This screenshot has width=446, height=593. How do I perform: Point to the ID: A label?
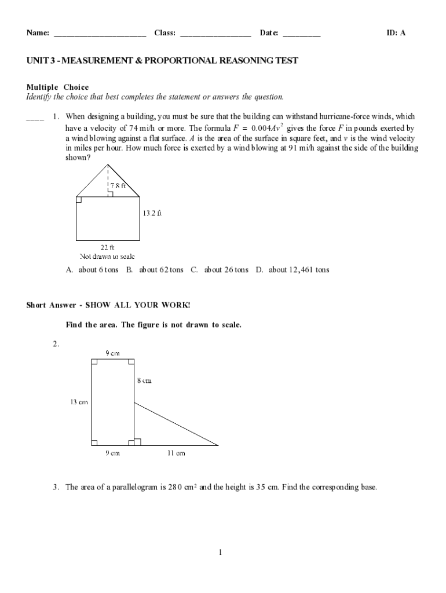[x=396, y=33]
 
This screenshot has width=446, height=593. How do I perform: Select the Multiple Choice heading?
[x=57, y=87]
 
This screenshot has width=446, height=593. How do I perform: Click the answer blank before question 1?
[x=35, y=119]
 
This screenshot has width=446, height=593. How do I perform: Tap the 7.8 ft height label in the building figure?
[x=122, y=186]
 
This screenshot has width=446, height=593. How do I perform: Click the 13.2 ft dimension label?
[x=152, y=213]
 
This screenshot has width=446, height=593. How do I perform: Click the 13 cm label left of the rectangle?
[x=79, y=401]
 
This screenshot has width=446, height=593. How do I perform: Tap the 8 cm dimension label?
[x=144, y=380]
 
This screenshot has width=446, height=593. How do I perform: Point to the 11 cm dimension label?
[x=176, y=453]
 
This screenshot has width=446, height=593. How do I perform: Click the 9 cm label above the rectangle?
[x=112, y=352]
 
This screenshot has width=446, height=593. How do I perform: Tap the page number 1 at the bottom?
[x=221, y=552]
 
